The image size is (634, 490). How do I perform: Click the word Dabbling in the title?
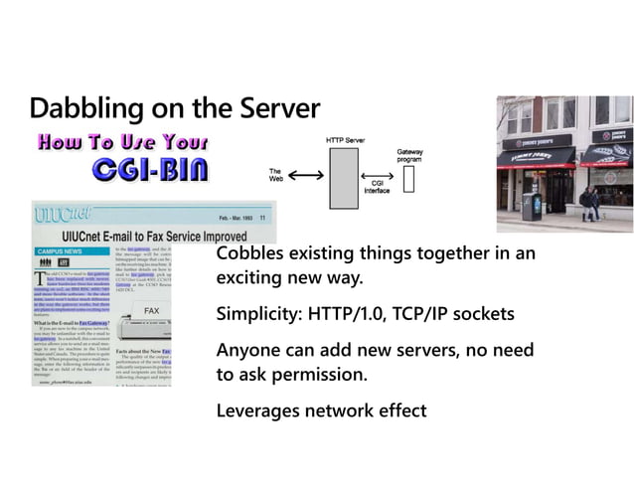78,107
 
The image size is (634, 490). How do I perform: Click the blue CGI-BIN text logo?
149,171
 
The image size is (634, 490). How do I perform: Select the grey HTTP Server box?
343,177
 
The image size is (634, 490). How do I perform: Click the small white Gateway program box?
409,178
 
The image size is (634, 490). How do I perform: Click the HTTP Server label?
345,140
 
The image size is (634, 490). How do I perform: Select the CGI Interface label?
377,188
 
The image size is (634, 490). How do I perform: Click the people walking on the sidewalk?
589,203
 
